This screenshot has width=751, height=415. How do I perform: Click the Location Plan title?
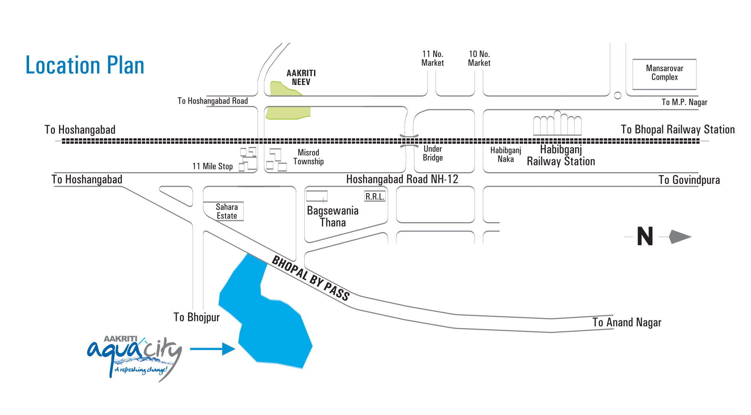(x=85, y=65)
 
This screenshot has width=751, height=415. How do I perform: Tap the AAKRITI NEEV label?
(x=301, y=77)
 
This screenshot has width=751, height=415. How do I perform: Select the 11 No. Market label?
(x=432, y=59)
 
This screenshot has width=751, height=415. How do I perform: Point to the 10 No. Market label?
(x=479, y=59)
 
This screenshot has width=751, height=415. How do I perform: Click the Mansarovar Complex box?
(x=664, y=74)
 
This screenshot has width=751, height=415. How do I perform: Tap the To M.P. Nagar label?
(x=684, y=102)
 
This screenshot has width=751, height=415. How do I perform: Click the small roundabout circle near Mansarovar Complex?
(x=617, y=95)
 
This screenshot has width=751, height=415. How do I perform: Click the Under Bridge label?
(x=432, y=153)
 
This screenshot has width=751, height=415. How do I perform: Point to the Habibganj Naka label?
(x=505, y=155)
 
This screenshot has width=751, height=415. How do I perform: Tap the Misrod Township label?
(x=308, y=157)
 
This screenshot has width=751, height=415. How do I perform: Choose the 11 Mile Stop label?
(x=212, y=166)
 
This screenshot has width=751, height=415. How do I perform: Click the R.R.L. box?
(x=375, y=197)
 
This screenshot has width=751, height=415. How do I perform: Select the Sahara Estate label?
(x=226, y=211)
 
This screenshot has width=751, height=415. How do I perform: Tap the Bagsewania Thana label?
(x=332, y=217)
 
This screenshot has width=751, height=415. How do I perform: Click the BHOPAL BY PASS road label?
(x=311, y=278)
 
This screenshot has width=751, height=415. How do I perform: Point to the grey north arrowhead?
(x=680, y=237)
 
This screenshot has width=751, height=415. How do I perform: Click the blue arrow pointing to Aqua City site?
(x=212, y=349)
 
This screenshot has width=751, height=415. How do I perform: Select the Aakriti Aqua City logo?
(x=135, y=357)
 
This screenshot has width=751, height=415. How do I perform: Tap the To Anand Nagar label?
(x=627, y=323)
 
